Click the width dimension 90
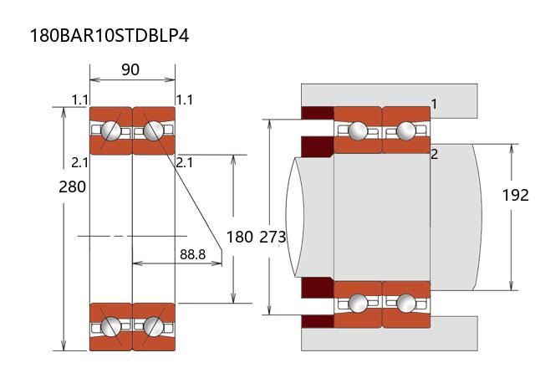pyautogui.click(x=130, y=70)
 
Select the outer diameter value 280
pyautogui.click(x=73, y=187)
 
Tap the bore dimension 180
pyautogui.click(x=239, y=237)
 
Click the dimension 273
pyautogui.click(x=273, y=237)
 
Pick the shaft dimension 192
pyautogui.click(x=516, y=195)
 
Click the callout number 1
pyautogui.click(x=435, y=103)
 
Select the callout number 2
pyautogui.click(x=435, y=154)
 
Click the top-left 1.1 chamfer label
pyautogui.click(x=80, y=100)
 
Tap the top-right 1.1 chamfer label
pyautogui.click(x=185, y=100)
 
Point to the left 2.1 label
pyautogui.click(x=80, y=161)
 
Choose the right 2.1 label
pyautogui.click(x=185, y=161)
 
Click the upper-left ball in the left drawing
pyautogui.click(x=111, y=130)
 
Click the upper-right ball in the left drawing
pyautogui.click(x=152, y=130)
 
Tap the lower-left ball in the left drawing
pyautogui.click(x=111, y=326)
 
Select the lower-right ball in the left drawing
pyautogui.click(x=152, y=326)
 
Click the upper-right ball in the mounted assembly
pyautogui.click(x=406, y=130)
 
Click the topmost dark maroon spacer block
pyautogui.click(x=317, y=113)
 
